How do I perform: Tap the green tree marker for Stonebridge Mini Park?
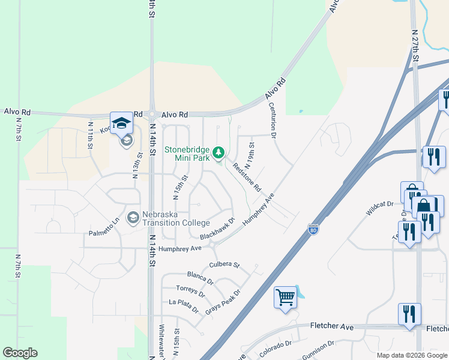coord(219,152)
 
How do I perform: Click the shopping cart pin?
coord(286,297)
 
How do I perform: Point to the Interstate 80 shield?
coord(313,229)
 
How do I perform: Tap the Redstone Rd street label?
coord(247,178)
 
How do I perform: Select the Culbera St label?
coord(224,265)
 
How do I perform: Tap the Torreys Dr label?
coord(191,292)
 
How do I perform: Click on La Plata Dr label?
coord(184,305)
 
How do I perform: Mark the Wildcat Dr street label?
coord(380,209)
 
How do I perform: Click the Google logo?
coord(20,353)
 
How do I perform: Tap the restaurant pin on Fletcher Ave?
coord(409,314)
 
